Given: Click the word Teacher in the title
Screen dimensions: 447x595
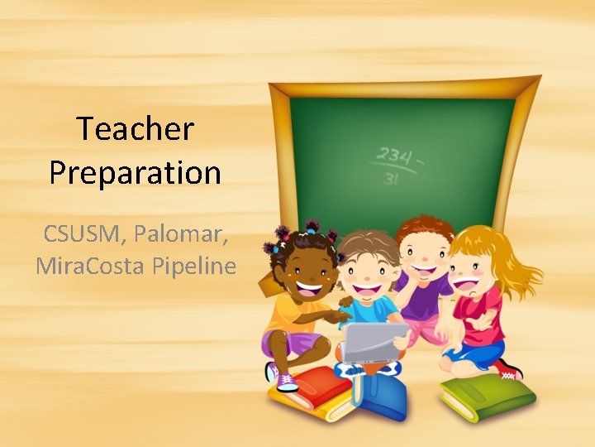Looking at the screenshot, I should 135,130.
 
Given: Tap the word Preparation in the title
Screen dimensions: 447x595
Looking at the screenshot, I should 135,173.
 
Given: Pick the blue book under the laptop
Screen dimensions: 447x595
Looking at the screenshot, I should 379,395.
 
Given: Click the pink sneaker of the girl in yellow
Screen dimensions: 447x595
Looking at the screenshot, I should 285,380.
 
